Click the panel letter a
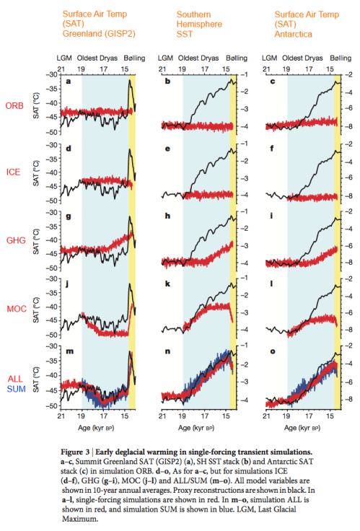68,81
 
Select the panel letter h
168,216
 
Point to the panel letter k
168,284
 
